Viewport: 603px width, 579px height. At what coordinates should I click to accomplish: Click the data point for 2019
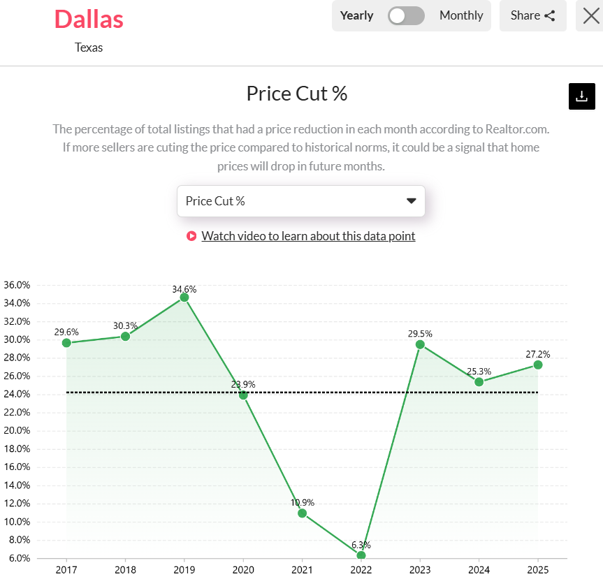tap(184, 298)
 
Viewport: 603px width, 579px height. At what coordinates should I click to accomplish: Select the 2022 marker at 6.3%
tap(361, 555)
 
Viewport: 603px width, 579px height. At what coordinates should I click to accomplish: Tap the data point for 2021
tap(302, 513)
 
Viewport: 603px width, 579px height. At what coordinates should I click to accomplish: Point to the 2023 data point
tap(420, 344)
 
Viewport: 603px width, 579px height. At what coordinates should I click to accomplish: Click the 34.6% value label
tap(184, 288)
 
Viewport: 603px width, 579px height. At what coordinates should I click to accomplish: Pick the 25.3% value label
tap(479, 372)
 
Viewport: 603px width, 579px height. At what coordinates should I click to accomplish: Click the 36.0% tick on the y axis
tap(17, 285)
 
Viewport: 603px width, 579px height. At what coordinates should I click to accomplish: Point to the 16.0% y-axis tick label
tap(17, 467)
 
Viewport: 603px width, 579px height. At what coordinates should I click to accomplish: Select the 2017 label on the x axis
tap(66, 569)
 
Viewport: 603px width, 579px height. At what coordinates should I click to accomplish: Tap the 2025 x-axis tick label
tap(537, 569)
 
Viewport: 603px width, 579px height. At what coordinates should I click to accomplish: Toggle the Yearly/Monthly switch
tap(406, 15)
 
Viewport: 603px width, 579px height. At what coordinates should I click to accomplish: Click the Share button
tap(532, 15)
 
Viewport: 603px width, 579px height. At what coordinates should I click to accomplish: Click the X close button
tap(590, 15)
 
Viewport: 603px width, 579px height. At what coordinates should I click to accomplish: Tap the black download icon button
tap(581, 96)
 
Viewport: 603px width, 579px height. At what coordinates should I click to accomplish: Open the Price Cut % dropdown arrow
tap(411, 201)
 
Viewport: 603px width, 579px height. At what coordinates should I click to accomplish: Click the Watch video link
tap(308, 236)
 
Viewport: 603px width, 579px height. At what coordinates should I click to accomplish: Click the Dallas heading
tap(89, 19)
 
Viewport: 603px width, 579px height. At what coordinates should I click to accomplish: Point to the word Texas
tap(89, 47)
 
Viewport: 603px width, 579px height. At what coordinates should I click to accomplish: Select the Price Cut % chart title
tap(297, 94)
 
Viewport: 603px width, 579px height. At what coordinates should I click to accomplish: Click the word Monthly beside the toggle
tap(461, 15)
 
